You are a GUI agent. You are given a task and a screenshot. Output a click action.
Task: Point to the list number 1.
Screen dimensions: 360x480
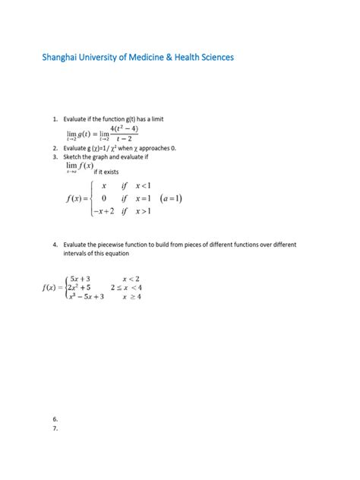pyautogui.click(x=55, y=119)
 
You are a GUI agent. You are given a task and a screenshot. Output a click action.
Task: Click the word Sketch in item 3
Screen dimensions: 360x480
pyautogui.click(x=74, y=156)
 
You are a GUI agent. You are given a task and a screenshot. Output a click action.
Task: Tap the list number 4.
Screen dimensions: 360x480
pyautogui.click(x=55, y=245)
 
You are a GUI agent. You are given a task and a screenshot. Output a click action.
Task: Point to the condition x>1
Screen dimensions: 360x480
pyautogui.click(x=143, y=212)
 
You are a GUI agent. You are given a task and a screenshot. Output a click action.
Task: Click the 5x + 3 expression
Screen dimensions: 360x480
pyautogui.click(x=79, y=279)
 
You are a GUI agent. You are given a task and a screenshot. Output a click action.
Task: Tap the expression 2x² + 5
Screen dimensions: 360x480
pyautogui.click(x=79, y=288)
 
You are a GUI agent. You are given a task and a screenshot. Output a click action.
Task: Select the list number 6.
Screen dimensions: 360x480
pyautogui.click(x=55, y=419)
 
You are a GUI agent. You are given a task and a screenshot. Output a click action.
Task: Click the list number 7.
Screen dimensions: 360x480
pyautogui.click(x=55, y=428)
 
